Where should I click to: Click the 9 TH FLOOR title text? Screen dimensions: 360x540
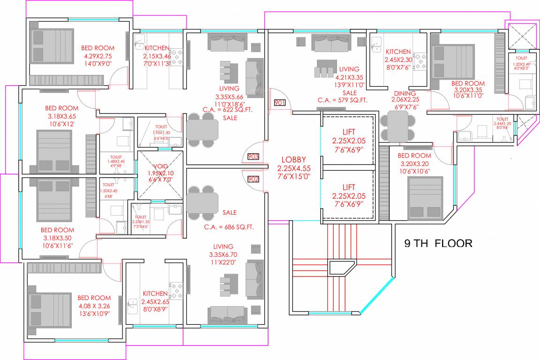coord(438,243)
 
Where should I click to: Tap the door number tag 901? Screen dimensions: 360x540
coord(279,103)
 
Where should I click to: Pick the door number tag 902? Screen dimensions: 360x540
coord(253,179)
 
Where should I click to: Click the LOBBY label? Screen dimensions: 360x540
coord(293,160)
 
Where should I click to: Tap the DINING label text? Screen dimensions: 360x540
coord(404,93)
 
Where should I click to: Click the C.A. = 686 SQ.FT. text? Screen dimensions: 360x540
coord(229,227)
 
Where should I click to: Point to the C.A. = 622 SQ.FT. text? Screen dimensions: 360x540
coord(225,109)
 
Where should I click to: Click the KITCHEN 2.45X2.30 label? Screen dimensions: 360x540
coord(398,52)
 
